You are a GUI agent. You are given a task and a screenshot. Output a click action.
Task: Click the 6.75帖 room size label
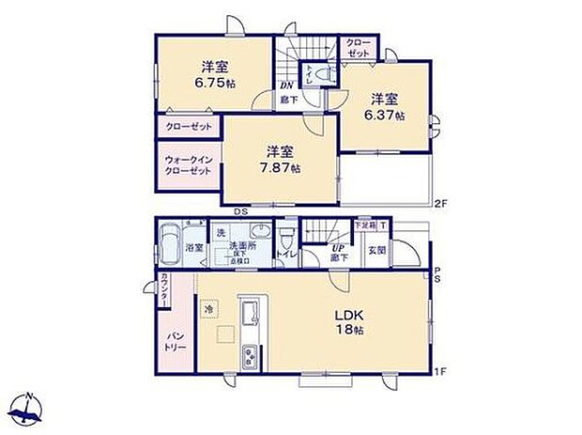[x=215, y=83]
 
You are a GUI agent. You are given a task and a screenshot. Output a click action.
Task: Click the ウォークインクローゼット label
[x=189, y=165]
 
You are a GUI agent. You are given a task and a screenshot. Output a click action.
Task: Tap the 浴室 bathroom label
[x=194, y=249]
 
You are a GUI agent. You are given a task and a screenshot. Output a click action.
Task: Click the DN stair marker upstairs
[x=289, y=84]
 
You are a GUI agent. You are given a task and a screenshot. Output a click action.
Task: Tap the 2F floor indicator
[x=438, y=202]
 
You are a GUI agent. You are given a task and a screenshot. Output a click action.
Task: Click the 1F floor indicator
[x=438, y=374]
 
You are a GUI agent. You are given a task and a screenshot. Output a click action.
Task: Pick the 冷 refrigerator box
[x=207, y=306]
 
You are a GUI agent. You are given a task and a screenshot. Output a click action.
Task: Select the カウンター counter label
[x=164, y=288]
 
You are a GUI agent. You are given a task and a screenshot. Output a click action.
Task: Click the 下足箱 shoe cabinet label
[x=364, y=225]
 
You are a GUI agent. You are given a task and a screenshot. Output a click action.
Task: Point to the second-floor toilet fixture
[x=316, y=74]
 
